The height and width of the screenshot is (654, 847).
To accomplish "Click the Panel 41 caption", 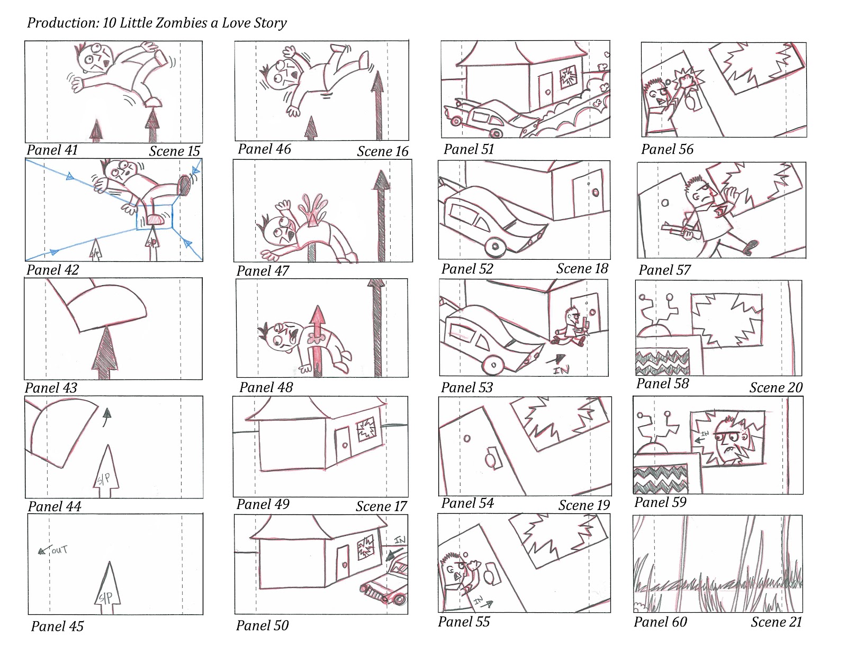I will point(52,150).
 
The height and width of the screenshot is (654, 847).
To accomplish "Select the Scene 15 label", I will point(174,151).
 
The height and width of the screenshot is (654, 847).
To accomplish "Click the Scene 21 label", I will point(776,622).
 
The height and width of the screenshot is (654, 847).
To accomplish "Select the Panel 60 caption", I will point(660,622).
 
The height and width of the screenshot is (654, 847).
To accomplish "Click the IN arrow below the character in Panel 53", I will point(560,360).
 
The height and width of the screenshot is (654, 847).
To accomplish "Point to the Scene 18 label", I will point(582,269).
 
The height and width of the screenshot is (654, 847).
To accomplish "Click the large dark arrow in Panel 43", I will point(105,352).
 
